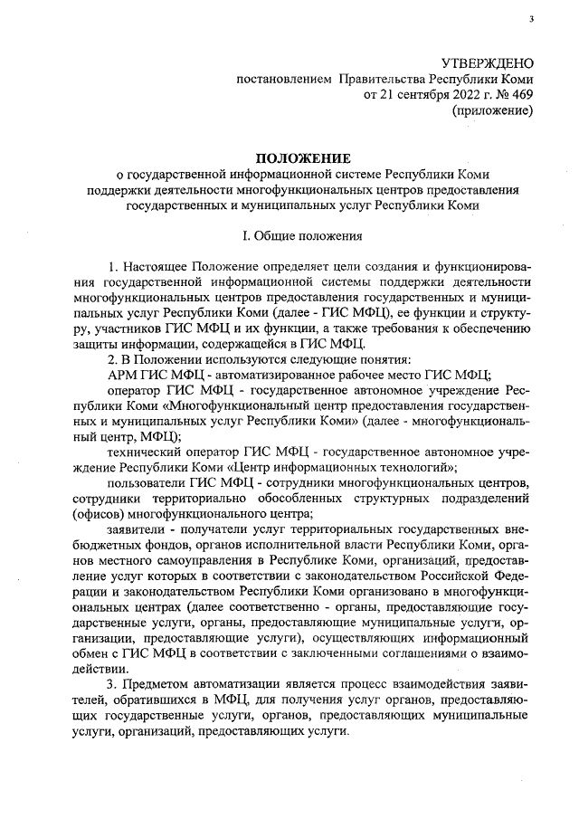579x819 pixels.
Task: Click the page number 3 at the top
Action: pyautogui.click(x=533, y=19)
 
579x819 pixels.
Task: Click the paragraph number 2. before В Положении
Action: pyautogui.click(x=112, y=358)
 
